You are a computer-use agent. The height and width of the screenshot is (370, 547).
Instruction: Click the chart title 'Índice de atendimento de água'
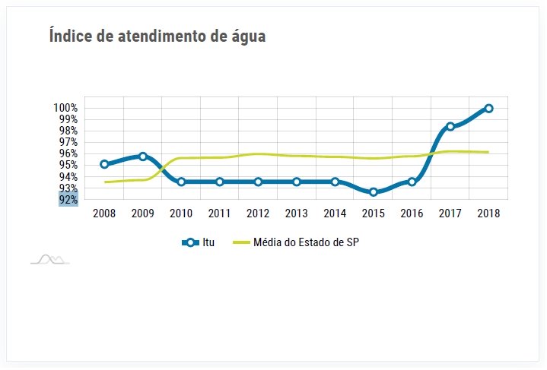[157, 36]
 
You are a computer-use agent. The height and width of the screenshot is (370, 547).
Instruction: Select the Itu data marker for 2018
[488, 109]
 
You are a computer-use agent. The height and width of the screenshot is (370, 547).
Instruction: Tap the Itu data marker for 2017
[450, 126]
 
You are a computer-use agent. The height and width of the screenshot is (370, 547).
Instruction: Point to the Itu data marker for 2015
[374, 192]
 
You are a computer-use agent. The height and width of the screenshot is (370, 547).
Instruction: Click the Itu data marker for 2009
[142, 157]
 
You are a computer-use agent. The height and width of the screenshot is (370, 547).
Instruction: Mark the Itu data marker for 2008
[104, 164]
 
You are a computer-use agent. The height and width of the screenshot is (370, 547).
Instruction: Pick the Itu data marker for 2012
[258, 182]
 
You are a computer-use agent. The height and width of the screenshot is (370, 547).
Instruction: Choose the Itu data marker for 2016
[412, 182]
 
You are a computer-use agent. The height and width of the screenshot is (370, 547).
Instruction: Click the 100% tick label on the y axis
[66, 108]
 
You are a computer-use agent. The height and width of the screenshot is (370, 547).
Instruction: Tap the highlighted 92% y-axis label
[68, 200]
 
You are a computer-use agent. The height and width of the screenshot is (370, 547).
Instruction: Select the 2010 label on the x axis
[181, 213]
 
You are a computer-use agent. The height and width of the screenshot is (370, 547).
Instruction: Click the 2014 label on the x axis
[335, 213]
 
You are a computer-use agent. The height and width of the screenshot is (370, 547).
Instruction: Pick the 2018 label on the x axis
[488, 213]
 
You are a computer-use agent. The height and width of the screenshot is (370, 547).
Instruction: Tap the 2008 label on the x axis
[104, 213]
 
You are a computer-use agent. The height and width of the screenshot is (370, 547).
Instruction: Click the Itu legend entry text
[208, 243]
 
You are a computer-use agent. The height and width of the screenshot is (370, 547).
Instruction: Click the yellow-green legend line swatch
[240, 243]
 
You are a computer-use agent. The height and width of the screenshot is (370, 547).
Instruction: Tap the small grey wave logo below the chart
[49, 260]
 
